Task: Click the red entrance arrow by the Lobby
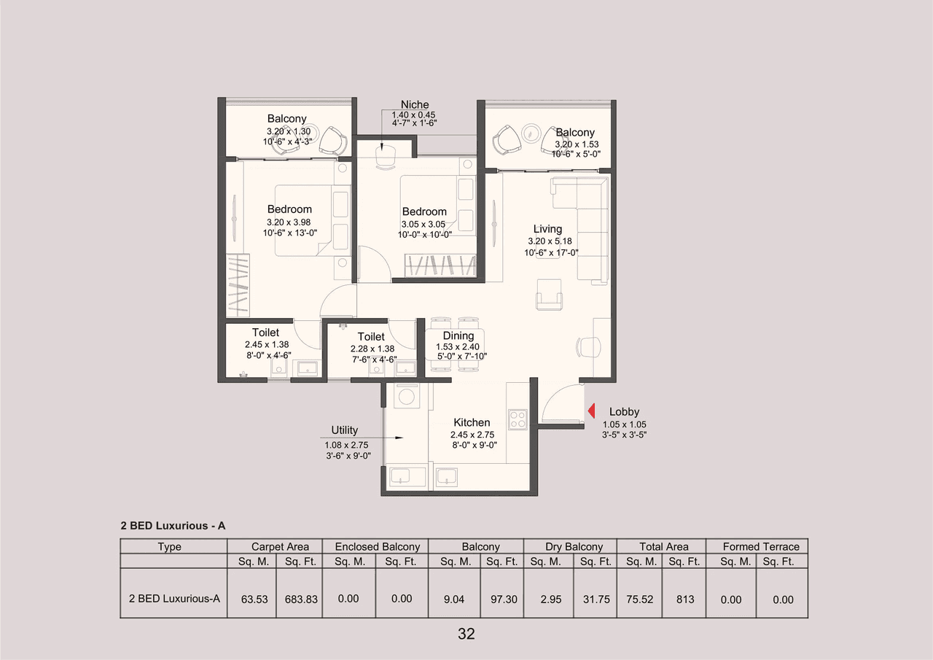[592, 412]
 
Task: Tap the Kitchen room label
[472, 422]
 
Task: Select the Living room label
[547, 228]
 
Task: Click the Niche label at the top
[414, 105]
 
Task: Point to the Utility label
[344, 430]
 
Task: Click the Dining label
[458, 336]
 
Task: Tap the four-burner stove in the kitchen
[518, 419]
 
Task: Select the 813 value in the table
[684, 599]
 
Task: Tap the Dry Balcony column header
[574, 546]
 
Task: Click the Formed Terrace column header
[760, 546]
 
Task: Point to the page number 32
[466, 634]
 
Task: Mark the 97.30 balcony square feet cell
[502, 599]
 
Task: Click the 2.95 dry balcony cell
[550, 599]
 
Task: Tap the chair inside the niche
[385, 157]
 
